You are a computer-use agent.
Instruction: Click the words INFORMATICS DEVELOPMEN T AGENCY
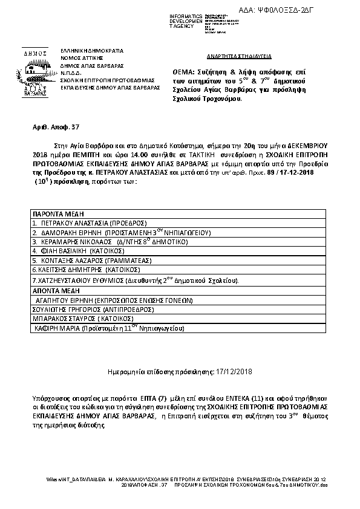pyautogui.click(x=189, y=21)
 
